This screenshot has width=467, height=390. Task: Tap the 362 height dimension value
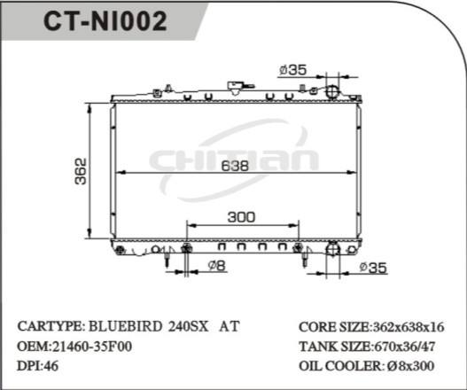[79, 170]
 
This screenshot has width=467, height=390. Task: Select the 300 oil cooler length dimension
[241, 216]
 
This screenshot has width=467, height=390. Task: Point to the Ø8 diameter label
[215, 266]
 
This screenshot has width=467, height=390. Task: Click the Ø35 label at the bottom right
[375, 268]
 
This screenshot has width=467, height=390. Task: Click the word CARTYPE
[50, 325]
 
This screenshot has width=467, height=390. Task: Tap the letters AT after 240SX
[229, 325]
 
